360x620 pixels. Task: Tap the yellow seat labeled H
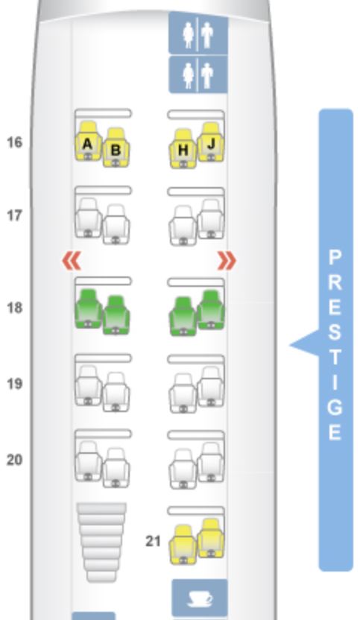click(x=183, y=149)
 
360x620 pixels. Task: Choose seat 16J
click(x=210, y=142)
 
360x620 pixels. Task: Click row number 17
click(x=15, y=215)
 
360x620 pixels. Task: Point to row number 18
click(x=15, y=307)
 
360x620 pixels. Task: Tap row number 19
click(x=15, y=384)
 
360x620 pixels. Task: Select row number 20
click(x=15, y=460)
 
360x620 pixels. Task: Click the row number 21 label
click(x=153, y=541)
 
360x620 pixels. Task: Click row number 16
click(x=15, y=142)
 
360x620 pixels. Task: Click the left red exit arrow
click(x=72, y=261)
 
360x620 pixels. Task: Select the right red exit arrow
click(x=227, y=261)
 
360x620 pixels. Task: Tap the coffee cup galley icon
click(x=200, y=598)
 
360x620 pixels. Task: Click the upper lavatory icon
click(x=198, y=34)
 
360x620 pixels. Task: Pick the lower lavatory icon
click(x=198, y=75)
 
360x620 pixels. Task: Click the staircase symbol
click(x=101, y=542)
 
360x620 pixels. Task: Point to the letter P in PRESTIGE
click(x=335, y=258)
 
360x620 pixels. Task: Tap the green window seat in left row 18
click(x=88, y=309)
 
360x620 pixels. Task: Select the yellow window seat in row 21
click(x=210, y=538)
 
